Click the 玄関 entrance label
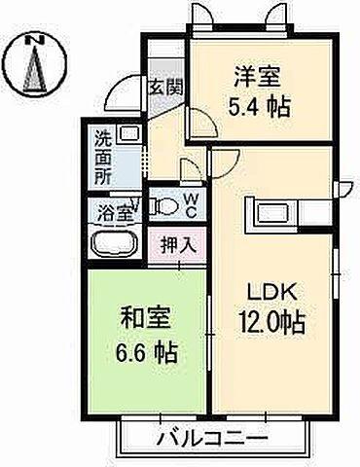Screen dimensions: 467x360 [162, 87]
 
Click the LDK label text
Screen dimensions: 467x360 [274, 291]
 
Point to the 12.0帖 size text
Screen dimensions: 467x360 [272, 321]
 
